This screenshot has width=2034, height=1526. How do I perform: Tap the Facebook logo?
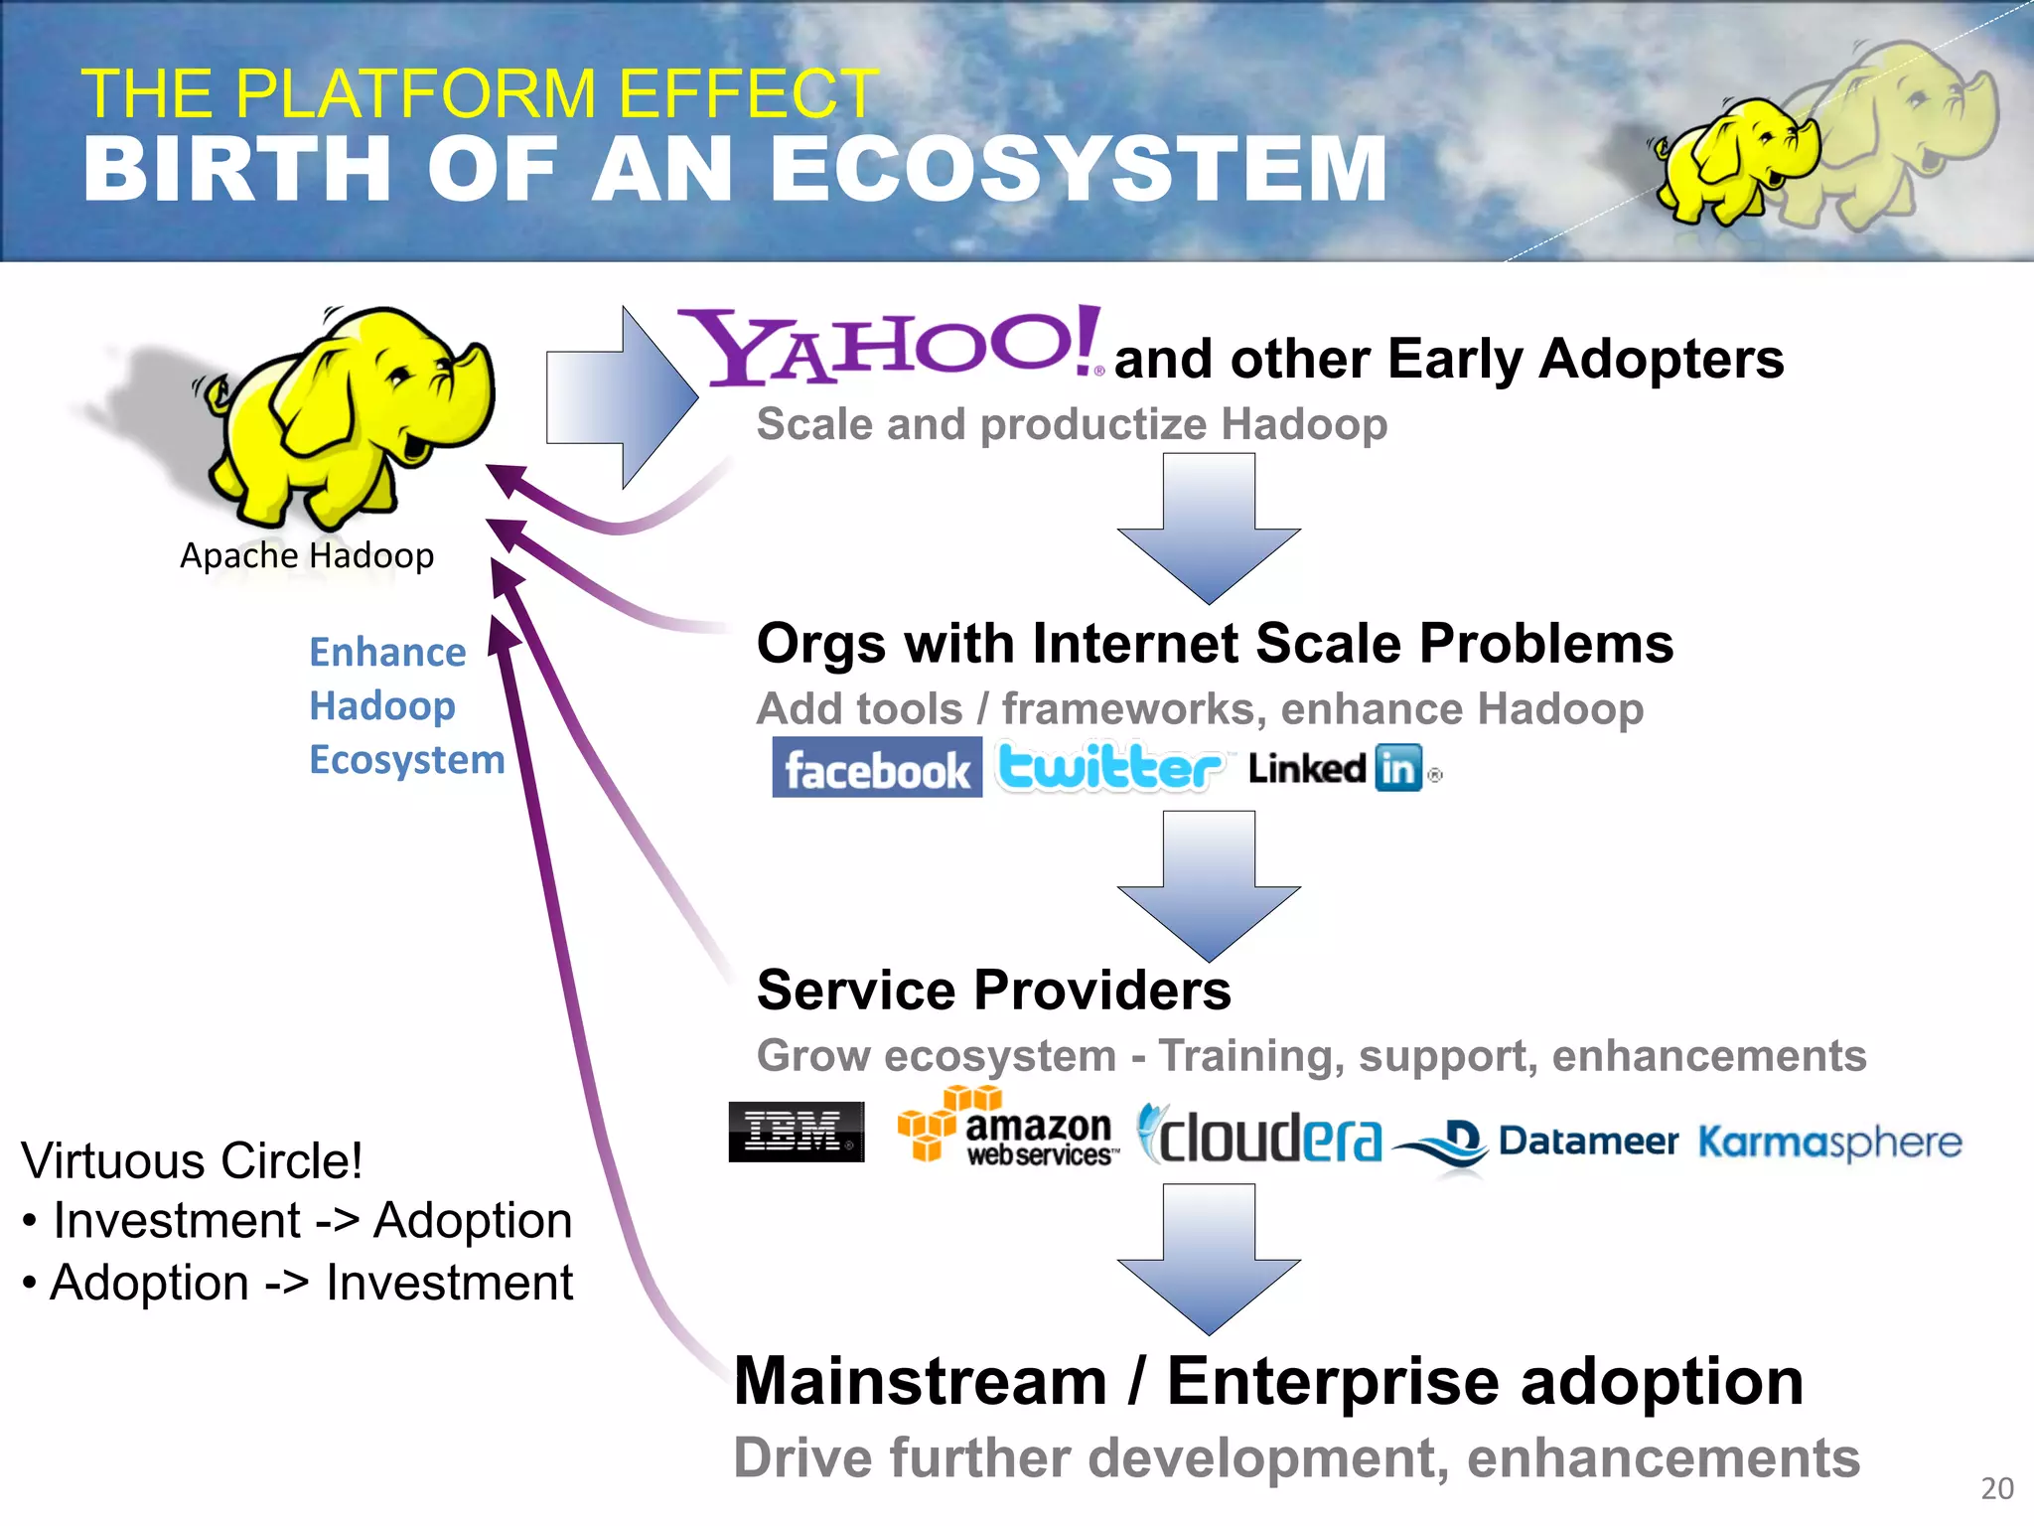(x=877, y=768)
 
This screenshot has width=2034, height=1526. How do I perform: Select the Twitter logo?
(x=1110, y=767)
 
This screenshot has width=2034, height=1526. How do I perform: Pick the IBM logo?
(x=797, y=1132)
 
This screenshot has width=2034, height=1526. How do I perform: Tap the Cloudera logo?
(x=1259, y=1135)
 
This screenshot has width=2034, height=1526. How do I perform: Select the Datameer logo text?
(x=1587, y=1141)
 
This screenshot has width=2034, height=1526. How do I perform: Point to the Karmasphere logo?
(x=1829, y=1143)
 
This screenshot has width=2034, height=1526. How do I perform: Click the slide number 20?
(x=1996, y=1488)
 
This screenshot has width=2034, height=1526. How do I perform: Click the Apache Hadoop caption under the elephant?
(x=307, y=555)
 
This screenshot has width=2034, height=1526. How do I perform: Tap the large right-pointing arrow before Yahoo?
(x=622, y=397)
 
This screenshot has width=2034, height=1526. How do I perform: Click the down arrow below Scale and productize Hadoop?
(x=1209, y=529)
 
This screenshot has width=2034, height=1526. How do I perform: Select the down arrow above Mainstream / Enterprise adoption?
(x=1209, y=1259)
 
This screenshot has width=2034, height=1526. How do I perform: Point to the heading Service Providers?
(x=993, y=990)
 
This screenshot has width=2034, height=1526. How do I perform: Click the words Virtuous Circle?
(x=192, y=1160)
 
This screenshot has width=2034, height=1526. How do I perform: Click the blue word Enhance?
(x=387, y=653)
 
